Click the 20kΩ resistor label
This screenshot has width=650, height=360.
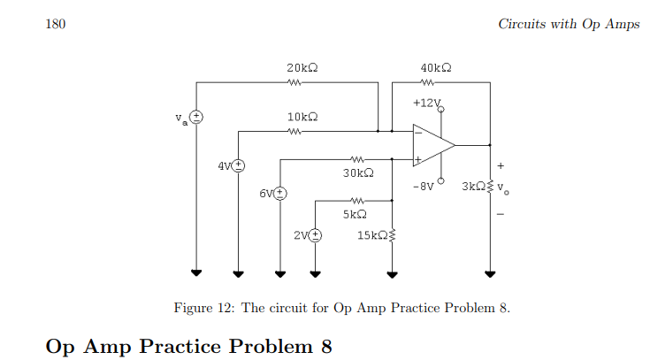(302, 67)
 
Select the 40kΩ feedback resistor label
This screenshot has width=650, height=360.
(437, 67)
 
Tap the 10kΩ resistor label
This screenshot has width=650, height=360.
(302, 117)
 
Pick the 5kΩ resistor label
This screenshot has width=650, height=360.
(355, 214)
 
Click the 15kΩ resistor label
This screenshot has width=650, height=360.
(371, 235)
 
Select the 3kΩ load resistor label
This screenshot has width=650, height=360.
(473, 188)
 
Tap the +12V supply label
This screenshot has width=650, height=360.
(425, 103)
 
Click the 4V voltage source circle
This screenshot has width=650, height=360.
(238, 165)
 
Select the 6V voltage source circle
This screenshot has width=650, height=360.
(280, 192)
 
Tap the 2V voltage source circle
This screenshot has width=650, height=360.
(315, 235)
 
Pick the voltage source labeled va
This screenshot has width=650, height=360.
(197, 117)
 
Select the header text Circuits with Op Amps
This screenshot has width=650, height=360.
(569, 24)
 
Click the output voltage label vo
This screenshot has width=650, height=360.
(503, 188)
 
